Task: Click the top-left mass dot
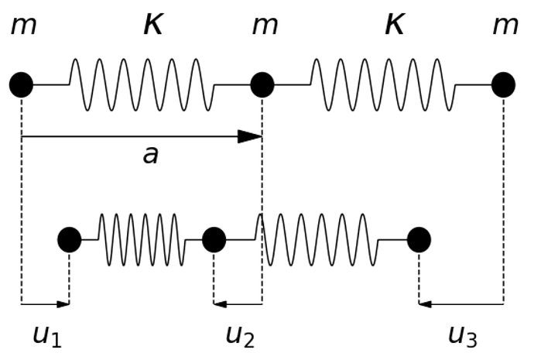[22, 84]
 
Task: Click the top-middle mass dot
[262, 84]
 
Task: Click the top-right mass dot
[503, 84]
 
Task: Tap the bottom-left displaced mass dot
[70, 240]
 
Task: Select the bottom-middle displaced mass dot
[214, 240]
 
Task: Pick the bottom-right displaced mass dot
[419, 240]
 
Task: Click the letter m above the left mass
[23, 26]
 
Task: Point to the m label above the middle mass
[265, 26]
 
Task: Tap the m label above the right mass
[505, 26]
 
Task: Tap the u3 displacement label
[463, 336]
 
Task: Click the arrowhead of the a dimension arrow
[252, 137]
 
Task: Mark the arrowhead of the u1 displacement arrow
[64, 303]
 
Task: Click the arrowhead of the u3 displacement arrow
[425, 303]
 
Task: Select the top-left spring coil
[142, 84]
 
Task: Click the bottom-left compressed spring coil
[142, 240]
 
